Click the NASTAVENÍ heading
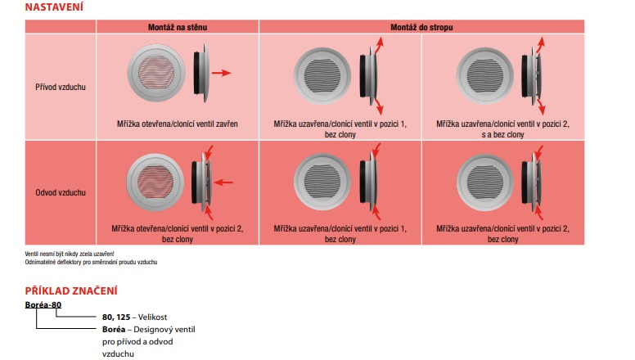[54, 7]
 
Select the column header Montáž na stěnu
[178, 27]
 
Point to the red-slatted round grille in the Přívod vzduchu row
[157, 74]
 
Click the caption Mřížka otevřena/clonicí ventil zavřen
[178, 124]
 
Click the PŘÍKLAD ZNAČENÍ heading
[71, 290]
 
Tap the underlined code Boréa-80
[43, 305]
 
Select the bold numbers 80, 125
[117, 316]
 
